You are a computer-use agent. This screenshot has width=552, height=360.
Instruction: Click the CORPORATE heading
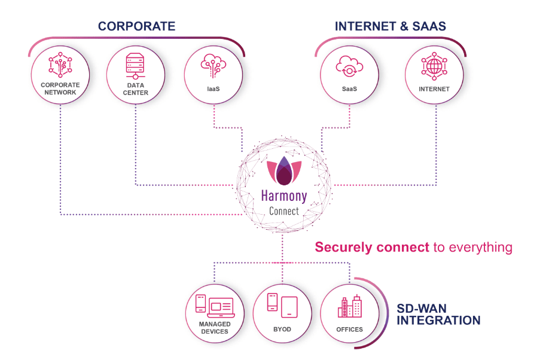pyautogui.click(x=136, y=26)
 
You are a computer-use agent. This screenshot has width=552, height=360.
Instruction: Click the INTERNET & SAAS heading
pyautogui.click(x=390, y=26)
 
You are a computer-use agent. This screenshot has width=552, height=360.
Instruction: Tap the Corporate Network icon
pyautogui.click(x=60, y=64)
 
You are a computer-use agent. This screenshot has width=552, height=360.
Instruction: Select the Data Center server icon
pyautogui.click(x=136, y=65)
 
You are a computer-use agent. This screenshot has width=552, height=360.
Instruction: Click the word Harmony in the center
pyautogui.click(x=284, y=196)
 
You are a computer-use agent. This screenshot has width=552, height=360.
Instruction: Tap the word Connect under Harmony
pyautogui.click(x=284, y=211)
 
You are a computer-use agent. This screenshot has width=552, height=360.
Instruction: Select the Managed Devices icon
pyautogui.click(x=215, y=307)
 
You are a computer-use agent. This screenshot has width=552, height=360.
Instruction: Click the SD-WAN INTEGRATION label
pyautogui.click(x=439, y=315)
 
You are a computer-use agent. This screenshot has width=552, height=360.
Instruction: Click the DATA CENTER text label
pyautogui.click(x=136, y=89)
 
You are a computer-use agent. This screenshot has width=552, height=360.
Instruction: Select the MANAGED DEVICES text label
pyautogui.click(x=215, y=328)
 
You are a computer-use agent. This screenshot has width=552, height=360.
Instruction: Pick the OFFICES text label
pyautogui.click(x=350, y=330)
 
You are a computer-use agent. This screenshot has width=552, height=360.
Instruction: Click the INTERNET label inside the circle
pyautogui.click(x=434, y=89)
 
